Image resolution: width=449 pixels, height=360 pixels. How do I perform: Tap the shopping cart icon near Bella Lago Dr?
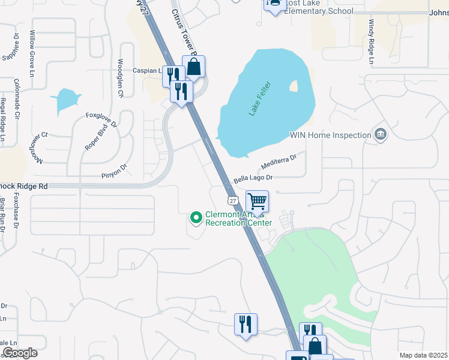[257, 201]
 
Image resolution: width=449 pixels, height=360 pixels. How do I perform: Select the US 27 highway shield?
[232, 199]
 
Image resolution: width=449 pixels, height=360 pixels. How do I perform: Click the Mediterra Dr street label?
[279, 162]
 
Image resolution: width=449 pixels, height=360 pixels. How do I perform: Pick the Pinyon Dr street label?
[115, 172]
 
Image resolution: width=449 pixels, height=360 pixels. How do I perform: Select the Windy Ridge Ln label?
[371, 42]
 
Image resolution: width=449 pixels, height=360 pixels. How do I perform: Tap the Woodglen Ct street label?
[120, 78]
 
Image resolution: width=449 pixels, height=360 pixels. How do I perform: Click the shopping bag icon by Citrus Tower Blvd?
[194, 67]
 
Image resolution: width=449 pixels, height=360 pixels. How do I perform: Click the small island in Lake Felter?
[294, 86]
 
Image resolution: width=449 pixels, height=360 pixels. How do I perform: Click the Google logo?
[20, 353]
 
